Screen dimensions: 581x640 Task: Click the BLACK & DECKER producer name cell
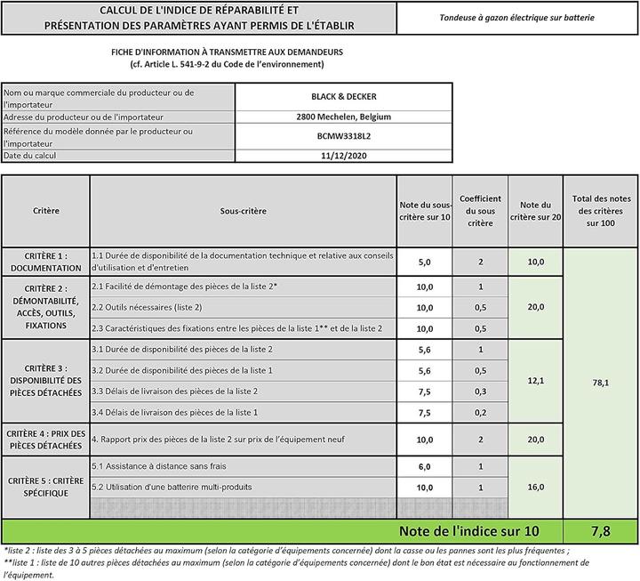point(343,97)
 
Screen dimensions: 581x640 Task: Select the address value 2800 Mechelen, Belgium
point(343,117)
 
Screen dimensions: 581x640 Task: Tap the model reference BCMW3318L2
point(343,136)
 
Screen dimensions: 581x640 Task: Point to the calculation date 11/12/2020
point(343,156)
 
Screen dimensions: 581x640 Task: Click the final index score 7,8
point(601,531)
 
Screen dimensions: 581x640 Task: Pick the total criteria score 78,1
point(601,383)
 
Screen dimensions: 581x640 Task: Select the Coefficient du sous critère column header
point(480,211)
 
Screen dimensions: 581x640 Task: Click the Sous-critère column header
point(243,211)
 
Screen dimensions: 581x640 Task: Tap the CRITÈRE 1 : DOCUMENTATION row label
point(46,262)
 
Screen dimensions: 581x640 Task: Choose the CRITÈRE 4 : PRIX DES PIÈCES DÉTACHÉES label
point(46,440)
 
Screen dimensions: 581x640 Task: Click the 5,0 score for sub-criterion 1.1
point(424,262)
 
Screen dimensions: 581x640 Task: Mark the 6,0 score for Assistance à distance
point(424,467)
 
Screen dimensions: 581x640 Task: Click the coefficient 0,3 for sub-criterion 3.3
point(480,391)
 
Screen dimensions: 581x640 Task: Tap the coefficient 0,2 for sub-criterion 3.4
point(480,413)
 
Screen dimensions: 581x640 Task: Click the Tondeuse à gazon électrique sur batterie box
point(517,18)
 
